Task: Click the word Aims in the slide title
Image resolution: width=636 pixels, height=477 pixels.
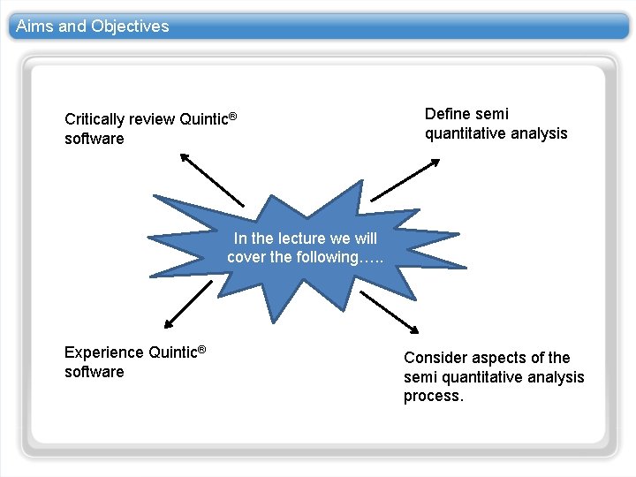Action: click(x=34, y=26)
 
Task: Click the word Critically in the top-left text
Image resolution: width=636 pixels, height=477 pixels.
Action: click(x=95, y=119)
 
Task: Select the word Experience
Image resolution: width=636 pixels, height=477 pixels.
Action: click(x=104, y=352)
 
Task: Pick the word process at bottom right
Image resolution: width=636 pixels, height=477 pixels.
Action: click(x=433, y=397)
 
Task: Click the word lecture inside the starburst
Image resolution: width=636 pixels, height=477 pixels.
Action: click(x=303, y=238)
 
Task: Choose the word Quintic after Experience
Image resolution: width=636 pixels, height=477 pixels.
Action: click(x=172, y=352)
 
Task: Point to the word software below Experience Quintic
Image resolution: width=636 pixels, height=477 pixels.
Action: click(x=95, y=372)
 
